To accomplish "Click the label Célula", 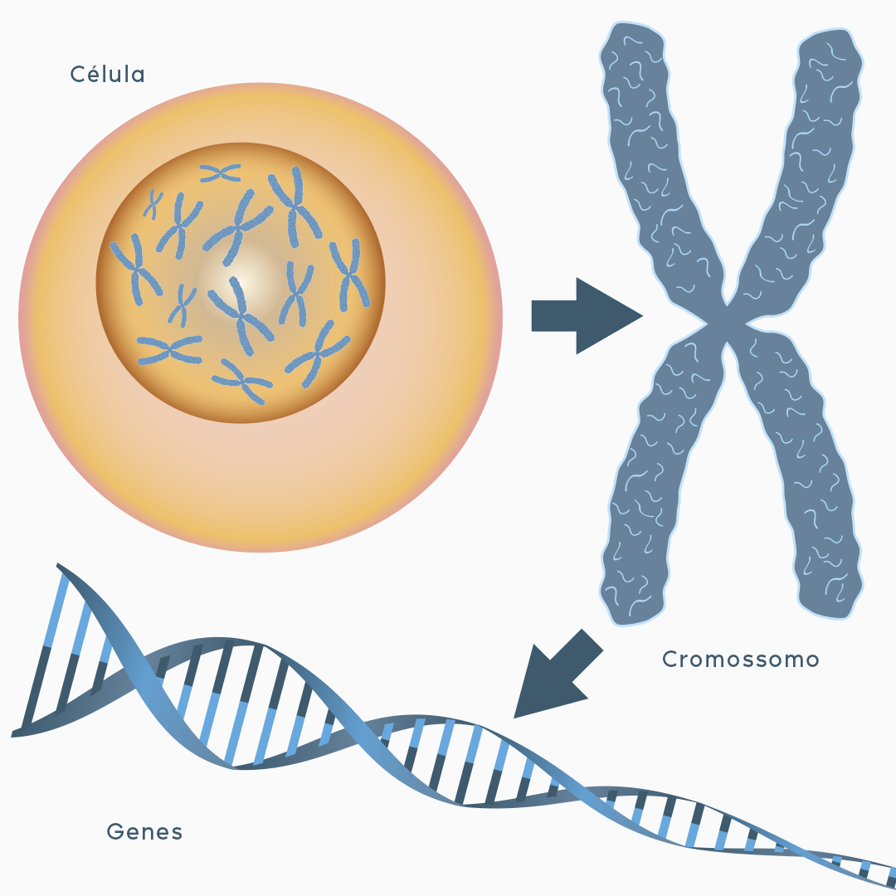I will coord(108,75).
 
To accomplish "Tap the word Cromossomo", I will coord(741,660).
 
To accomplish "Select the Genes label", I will coord(144,831).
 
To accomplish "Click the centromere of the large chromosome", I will coord(727,319).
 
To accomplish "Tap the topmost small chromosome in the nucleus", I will coord(221,173).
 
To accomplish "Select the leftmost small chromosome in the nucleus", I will coord(136,267).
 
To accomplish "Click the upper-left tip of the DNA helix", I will coord(60,567).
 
